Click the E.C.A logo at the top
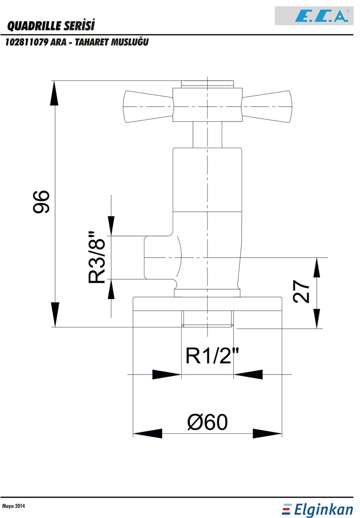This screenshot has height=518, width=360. tap(314, 16)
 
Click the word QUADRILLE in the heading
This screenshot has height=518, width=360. tap(33, 26)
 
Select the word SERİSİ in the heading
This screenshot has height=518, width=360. tap(79, 26)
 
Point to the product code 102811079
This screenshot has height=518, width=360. tap(27, 42)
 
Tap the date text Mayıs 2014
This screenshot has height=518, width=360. tap(13, 506)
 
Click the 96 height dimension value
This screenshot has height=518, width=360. tap(41, 201)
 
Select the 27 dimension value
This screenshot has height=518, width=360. tap(301, 291)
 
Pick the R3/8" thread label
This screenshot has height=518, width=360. tap(97, 257)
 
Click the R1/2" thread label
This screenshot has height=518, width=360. tap(212, 356)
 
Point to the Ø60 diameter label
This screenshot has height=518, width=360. tap(207, 422)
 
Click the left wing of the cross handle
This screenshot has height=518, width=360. tap(148, 107)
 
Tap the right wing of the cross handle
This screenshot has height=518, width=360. tap(267, 107)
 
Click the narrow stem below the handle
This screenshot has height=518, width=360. tap(207, 134)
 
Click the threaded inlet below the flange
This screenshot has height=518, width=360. tap(207, 318)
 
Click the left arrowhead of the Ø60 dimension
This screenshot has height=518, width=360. tap(148, 433)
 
